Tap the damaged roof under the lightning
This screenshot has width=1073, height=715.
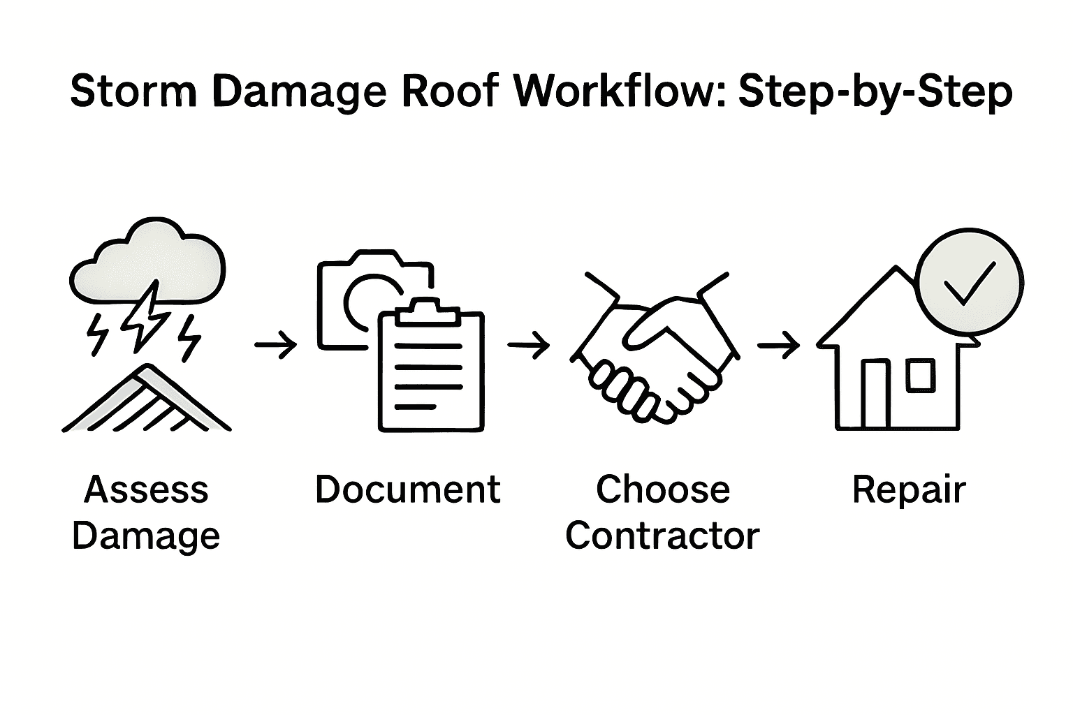coord(147,401)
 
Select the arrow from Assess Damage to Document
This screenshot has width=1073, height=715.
coord(276,344)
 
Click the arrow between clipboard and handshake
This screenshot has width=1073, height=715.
coord(529,344)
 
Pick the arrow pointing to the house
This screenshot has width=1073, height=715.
coord(778,344)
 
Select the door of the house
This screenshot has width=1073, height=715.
coord(874,394)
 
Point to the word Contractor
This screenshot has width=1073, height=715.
coord(662,536)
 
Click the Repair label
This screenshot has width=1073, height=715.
coord(908,490)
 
